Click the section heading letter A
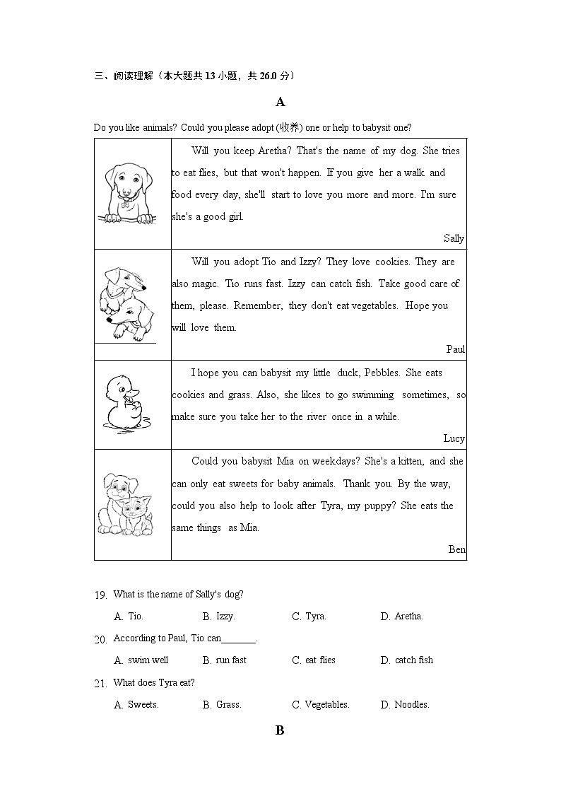pos(280,103)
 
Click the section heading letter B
pos(280,731)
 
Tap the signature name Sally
pos(454,238)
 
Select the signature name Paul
pos(456,349)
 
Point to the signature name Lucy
pos(454,438)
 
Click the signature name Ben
pos(457,549)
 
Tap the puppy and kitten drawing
pos(126,503)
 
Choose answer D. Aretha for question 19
pos(401,617)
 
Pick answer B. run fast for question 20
pos(224,660)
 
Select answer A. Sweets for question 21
pos(136,705)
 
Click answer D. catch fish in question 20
pos(406,660)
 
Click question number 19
pos(100,595)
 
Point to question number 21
pos(100,684)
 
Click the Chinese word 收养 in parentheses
pos(289,127)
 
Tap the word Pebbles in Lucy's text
pos(384,373)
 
